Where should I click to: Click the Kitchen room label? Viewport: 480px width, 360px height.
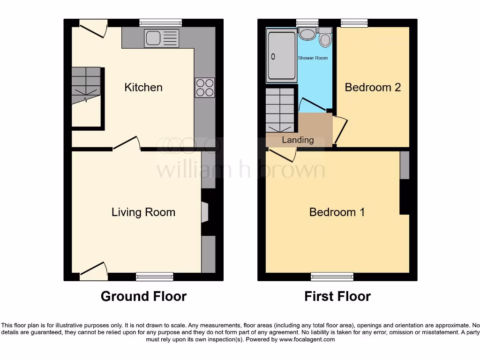(x=143, y=88)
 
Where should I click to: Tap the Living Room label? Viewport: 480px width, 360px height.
(x=143, y=212)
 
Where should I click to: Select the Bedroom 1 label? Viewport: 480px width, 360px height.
(x=337, y=212)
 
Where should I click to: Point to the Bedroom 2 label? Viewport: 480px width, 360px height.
(x=373, y=88)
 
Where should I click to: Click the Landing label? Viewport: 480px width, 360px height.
(x=298, y=140)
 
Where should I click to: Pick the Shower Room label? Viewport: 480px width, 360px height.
(x=313, y=58)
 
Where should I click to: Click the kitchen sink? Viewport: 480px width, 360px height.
(x=162, y=38)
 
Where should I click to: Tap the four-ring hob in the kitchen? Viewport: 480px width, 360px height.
(x=205, y=88)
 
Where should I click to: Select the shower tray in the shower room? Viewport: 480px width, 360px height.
(x=281, y=55)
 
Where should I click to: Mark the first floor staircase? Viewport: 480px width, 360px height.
(x=281, y=111)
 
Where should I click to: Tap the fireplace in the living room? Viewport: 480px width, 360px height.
(x=204, y=212)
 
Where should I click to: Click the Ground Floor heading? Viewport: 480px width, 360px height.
(x=143, y=296)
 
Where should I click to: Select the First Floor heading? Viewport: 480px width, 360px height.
(x=337, y=296)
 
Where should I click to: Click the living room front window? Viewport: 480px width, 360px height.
(x=154, y=277)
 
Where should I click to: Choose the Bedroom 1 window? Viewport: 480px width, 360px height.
(x=332, y=277)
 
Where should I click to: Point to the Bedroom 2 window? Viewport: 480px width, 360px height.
(x=354, y=22)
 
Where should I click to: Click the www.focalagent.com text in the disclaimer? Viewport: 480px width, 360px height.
(x=307, y=339)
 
